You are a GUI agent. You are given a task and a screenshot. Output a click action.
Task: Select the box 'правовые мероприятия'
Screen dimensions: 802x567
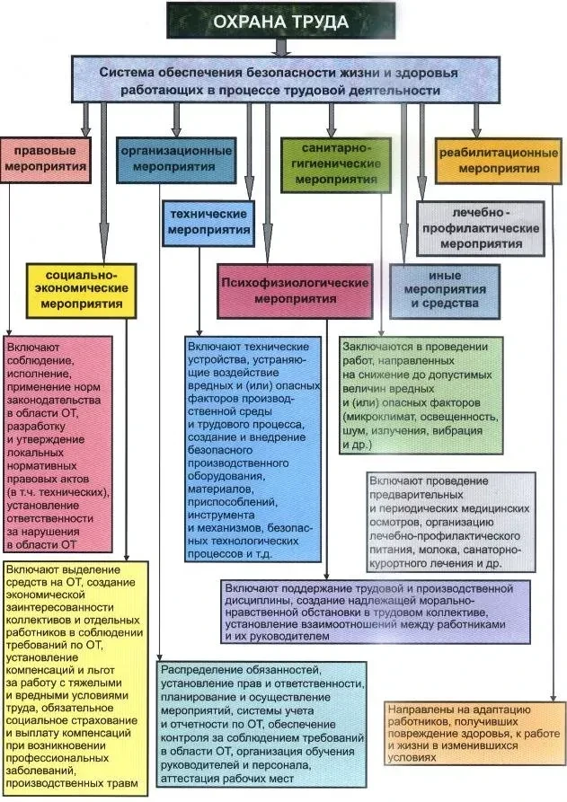tap(45, 157)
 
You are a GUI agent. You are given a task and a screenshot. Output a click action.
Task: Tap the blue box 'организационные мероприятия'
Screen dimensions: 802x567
tap(176, 158)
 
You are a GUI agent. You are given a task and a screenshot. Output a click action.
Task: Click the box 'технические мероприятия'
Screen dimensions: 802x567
tap(207, 222)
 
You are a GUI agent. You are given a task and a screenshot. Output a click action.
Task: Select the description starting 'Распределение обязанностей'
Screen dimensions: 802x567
tap(262, 724)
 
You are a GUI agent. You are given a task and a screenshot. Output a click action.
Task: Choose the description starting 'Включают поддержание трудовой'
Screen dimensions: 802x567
tap(375, 610)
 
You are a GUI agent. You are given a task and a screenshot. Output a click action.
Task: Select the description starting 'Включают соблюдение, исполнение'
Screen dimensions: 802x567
tap(58, 444)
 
